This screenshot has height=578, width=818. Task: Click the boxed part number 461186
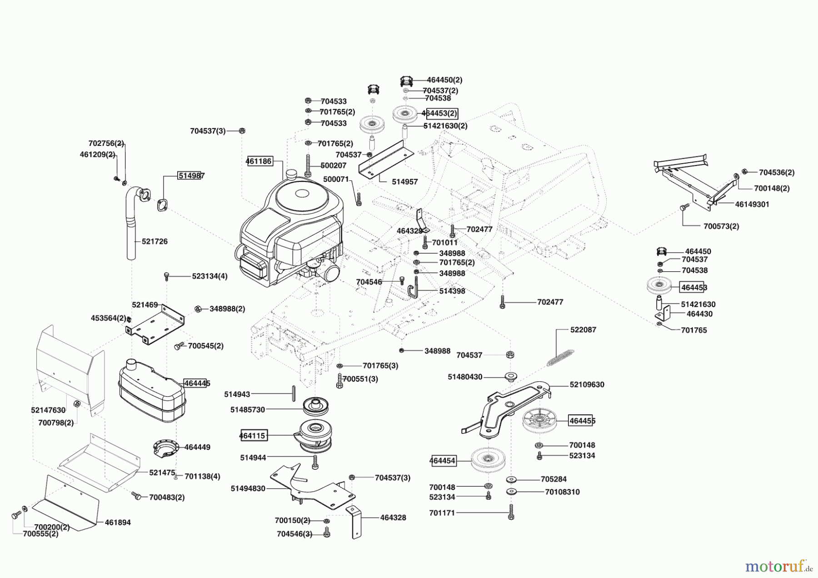tap(259, 161)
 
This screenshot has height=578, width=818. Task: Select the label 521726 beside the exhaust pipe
tap(155, 241)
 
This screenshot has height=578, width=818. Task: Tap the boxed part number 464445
tap(197, 384)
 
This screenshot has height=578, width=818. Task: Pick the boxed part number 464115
tap(253, 435)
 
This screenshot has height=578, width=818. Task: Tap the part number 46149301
tap(752, 204)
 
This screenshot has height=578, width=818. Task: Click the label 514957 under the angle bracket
tap(404, 182)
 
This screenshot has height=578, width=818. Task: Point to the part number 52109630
tap(587, 384)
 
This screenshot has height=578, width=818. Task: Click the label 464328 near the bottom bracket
tap(393, 518)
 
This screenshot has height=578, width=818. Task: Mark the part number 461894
tap(118, 523)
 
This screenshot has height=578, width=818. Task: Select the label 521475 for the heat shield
tap(162, 473)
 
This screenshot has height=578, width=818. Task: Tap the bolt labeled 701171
tap(511, 513)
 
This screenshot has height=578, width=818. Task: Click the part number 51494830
tap(248, 488)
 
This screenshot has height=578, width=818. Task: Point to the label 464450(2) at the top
tap(444, 80)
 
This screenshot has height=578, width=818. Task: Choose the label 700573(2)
tap(721, 226)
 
